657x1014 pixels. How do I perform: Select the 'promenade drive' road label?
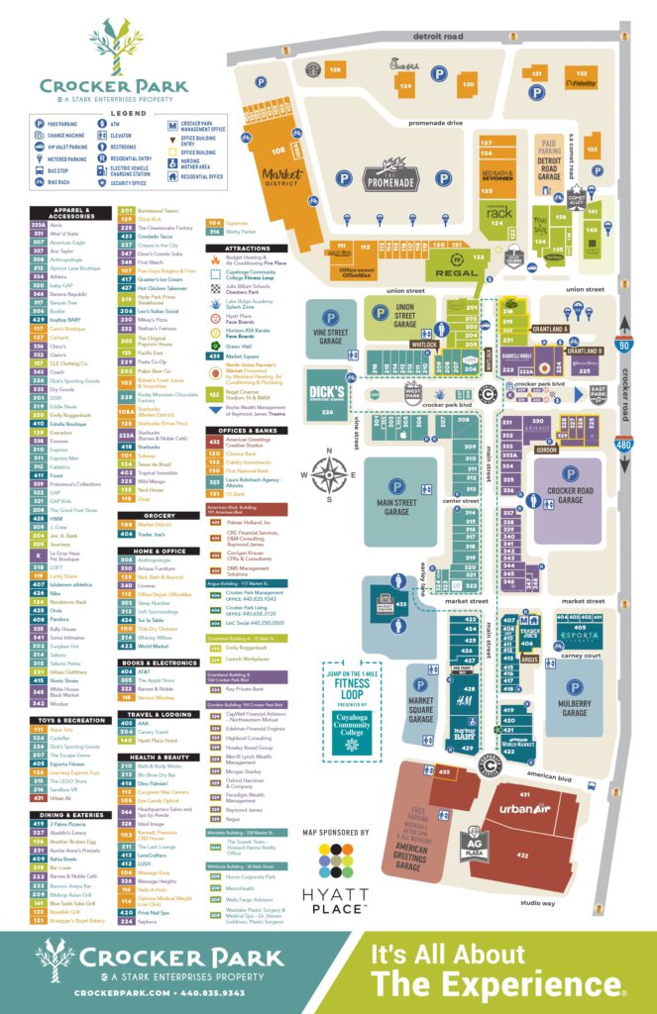coord(434,123)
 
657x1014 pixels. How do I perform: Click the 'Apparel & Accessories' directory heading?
coord(71,211)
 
